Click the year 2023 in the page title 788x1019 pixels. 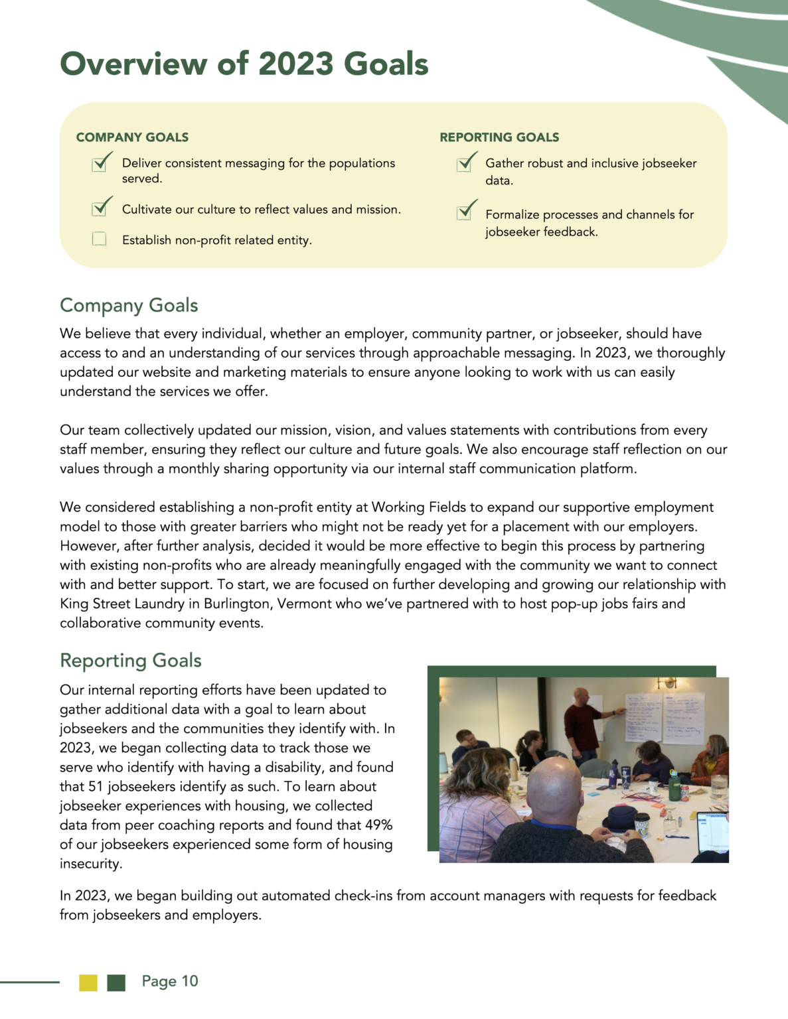click(295, 64)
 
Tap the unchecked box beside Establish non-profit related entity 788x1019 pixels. click(100, 239)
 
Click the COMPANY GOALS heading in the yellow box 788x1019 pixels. click(132, 137)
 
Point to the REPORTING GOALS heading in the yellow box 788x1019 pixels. click(499, 137)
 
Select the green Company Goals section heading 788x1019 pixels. click(129, 305)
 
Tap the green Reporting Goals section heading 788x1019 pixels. click(131, 661)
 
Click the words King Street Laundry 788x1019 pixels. click(122, 604)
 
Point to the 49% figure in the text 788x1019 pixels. click(378, 825)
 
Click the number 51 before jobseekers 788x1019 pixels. click(96, 786)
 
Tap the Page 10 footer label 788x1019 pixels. click(170, 981)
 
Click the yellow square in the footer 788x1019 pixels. click(88, 983)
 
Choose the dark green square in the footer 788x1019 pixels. click(116, 983)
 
